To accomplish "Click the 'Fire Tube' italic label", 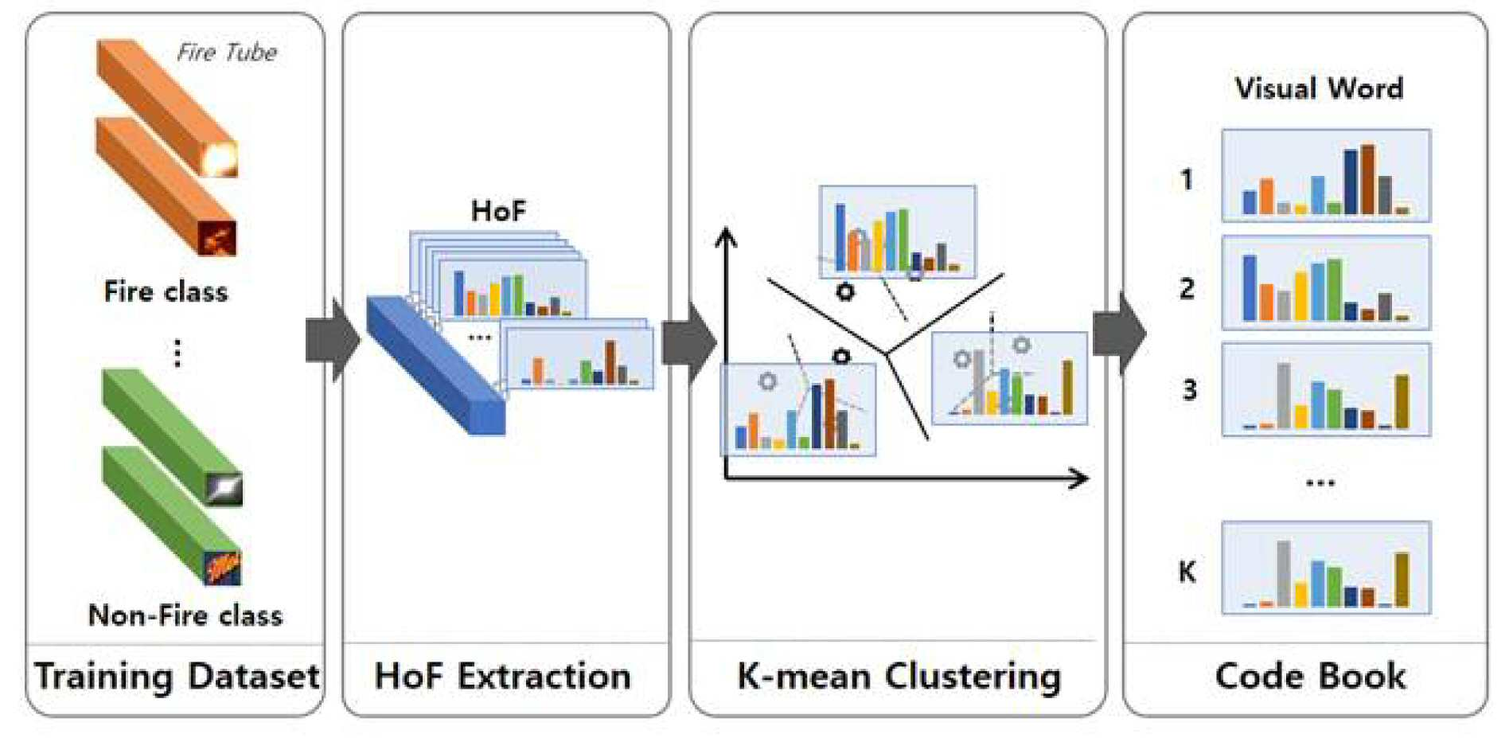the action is point(227,53).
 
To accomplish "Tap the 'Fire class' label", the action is point(166,291).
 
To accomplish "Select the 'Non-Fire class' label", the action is point(185,615).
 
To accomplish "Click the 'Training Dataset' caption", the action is point(177,676).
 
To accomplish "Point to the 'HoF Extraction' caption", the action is point(502,676).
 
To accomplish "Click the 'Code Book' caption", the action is point(1310,676).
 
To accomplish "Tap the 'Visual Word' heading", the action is point(1319,88).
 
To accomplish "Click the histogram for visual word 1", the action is point(1326,176).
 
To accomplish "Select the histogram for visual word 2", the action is point(1326,283).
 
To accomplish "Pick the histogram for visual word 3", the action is point(1326,389).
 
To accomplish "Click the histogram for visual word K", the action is point(1326,568).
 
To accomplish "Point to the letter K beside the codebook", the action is point(1187,572).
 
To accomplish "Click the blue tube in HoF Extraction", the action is point(435,365).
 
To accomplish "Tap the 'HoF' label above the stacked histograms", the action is point(498,211).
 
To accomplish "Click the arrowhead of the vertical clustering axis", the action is point(725,237).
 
